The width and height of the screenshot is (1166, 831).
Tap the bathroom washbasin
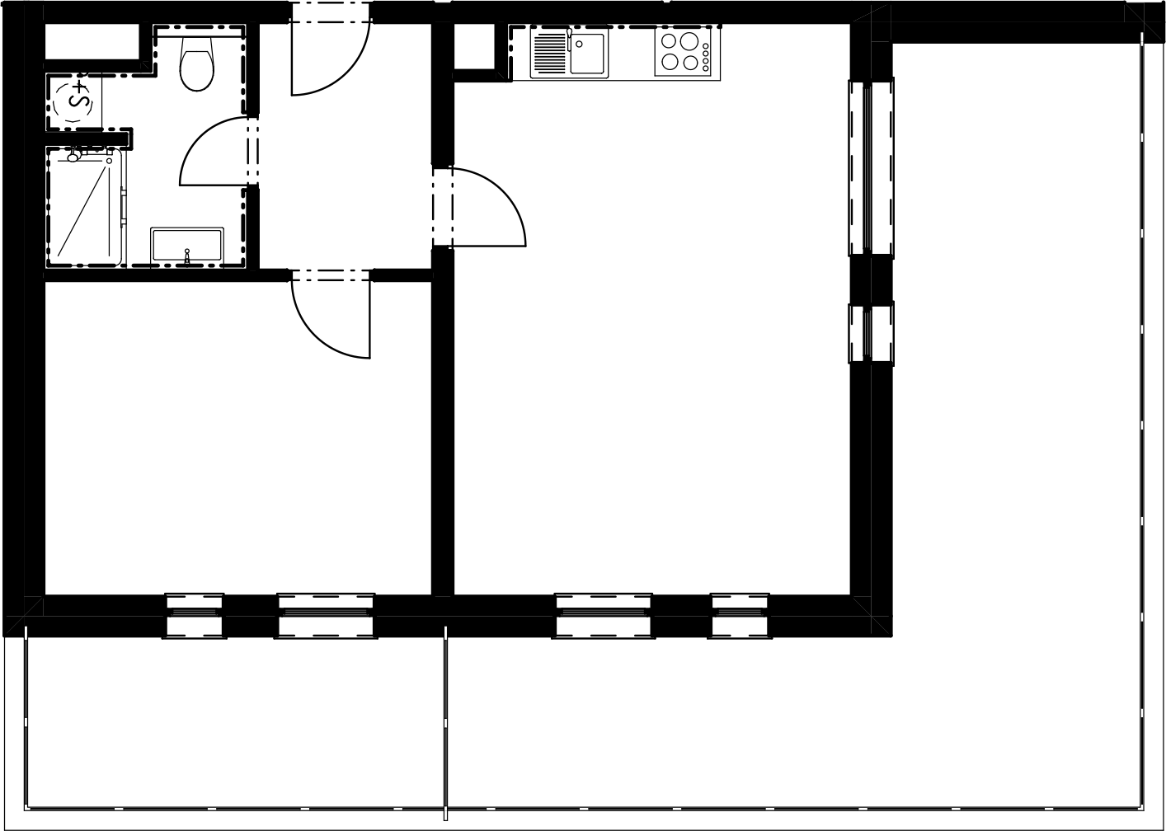[187, 245]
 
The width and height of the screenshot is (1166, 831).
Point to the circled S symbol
[73, 101]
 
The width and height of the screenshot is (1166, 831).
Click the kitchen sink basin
[586, 54]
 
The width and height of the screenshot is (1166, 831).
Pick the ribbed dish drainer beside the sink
[550, 53]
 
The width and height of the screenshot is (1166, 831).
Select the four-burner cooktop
[683, 51]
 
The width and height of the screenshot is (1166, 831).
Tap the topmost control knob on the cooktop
[706, 46]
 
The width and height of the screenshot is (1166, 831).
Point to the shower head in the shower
[73, 156]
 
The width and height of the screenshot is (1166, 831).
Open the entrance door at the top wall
[330, 56]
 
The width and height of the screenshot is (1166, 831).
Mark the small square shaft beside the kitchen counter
[474, 46]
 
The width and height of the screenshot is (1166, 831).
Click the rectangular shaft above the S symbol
[92, 41]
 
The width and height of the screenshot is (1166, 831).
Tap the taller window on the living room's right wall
[871, 168]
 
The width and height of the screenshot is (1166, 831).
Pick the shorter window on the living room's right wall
[871, 333]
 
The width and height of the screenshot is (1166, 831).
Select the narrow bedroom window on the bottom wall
[194, 616]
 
